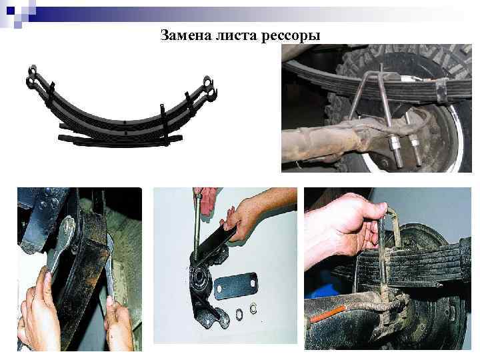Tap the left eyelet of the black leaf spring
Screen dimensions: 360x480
(x=33, y=75)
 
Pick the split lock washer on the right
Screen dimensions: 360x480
(x=254, y=308)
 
